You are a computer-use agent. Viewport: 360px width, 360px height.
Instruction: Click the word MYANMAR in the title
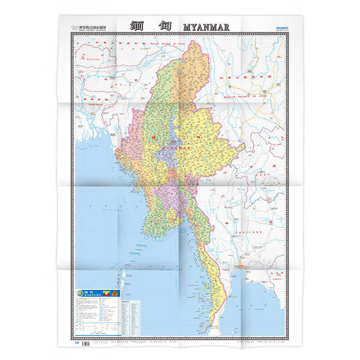pyautogui.click(x=207, y=27)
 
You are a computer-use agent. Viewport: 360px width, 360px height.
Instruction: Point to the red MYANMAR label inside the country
pyautogui.click(x=176, y=148)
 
